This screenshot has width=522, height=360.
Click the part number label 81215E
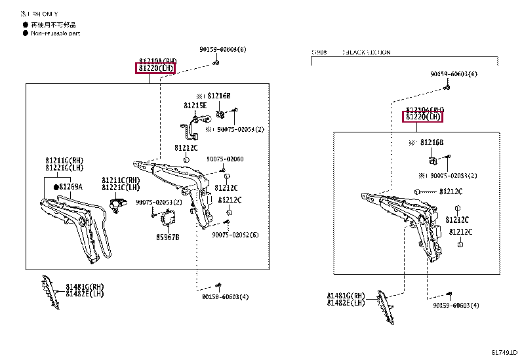[195, 105]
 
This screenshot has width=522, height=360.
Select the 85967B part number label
[167, 237]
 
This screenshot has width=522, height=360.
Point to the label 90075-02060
[225, 159]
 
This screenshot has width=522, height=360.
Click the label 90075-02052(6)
[235, 235]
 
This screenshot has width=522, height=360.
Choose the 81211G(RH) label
[64, 160]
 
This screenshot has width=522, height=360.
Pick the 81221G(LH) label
[64, 168]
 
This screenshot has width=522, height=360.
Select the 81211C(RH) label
[121, 180]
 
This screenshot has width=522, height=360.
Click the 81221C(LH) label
[121, 188]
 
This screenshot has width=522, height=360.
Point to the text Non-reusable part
[56, 33]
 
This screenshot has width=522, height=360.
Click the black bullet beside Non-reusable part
[25, 33]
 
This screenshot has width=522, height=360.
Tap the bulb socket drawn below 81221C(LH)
[117, 205]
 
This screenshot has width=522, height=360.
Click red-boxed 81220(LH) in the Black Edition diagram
[422, 117]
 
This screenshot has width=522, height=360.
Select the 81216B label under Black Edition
[432, 142]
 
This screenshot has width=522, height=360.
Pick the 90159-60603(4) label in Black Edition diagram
[456, 306]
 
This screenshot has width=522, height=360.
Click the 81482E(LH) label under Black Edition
[346, 303]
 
